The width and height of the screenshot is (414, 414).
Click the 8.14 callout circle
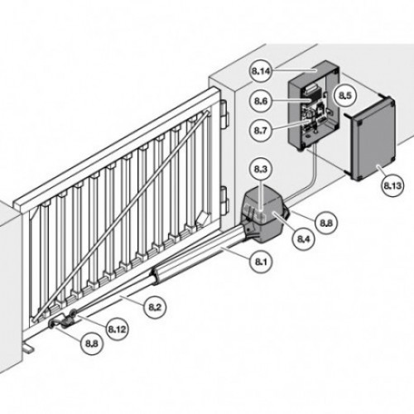[260, 71]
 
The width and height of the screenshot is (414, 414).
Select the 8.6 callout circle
[261, 101]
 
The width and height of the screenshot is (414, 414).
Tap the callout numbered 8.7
[261, 130]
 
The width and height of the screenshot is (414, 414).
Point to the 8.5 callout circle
[345, 96]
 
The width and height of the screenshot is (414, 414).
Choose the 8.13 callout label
[392, 185]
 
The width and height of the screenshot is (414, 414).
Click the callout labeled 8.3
[261, 169]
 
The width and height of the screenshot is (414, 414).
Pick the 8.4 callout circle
[304, 239]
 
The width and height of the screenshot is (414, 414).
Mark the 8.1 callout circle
[261, 262]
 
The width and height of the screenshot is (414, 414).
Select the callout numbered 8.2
[155, 307]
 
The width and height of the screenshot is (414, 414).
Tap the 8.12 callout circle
[118, 330]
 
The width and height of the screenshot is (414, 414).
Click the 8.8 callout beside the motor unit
[326, 223]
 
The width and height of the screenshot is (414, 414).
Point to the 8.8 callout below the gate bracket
[91, 344]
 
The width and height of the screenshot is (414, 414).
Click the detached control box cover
[371, 138]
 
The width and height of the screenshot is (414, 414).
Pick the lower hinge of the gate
[224, 200]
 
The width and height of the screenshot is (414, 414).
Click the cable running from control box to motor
[309, 180]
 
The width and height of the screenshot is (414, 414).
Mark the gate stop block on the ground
[28, 349]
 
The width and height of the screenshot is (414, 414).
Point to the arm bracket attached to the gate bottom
[64, 320]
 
